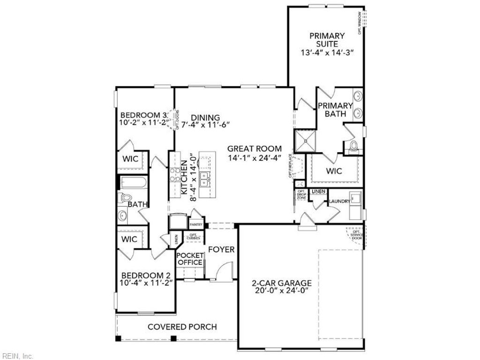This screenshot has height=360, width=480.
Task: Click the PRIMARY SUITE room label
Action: pyautogui.click(x=327, y=39)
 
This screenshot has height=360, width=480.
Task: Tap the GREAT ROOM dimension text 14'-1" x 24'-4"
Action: pyautogui.click(x=254, y=158)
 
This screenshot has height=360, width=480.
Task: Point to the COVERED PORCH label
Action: pyautogui.click(x=182, y=327)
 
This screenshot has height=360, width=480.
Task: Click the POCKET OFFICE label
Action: pyautogui.click(x=190, y=259)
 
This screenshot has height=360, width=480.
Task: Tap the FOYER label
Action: pyautogui.click(x=221, y=249)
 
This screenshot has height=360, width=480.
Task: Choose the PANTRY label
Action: pyautogui.click(x=196, y=225)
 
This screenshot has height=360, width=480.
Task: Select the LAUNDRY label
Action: pyautogui.click(x=339, y=201)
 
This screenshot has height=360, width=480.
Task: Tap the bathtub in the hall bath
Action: pyautogui.click(x=133, y=182)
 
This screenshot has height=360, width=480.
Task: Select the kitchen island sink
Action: pyautogui.click(x=205, y=177)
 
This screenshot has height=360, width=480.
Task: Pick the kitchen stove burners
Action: pyautogui.click(x=175, y=174)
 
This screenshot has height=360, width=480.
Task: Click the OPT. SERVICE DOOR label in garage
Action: pyautogui.click(x=357, y=235)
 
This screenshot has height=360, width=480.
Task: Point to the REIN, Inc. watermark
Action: pyautogui.click(x=18, y=356)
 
